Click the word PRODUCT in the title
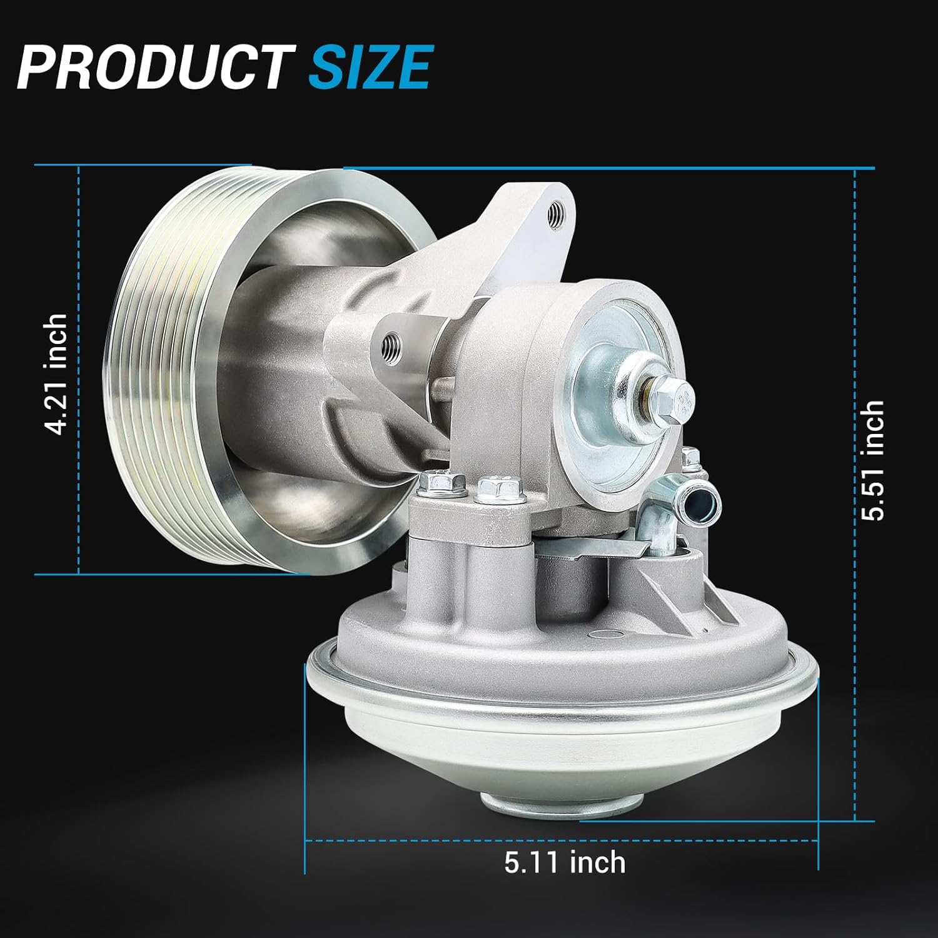pos(152,67)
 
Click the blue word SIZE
pos(370,67)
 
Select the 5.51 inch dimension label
pos(873,461)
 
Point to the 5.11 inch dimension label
pos(565,862)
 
